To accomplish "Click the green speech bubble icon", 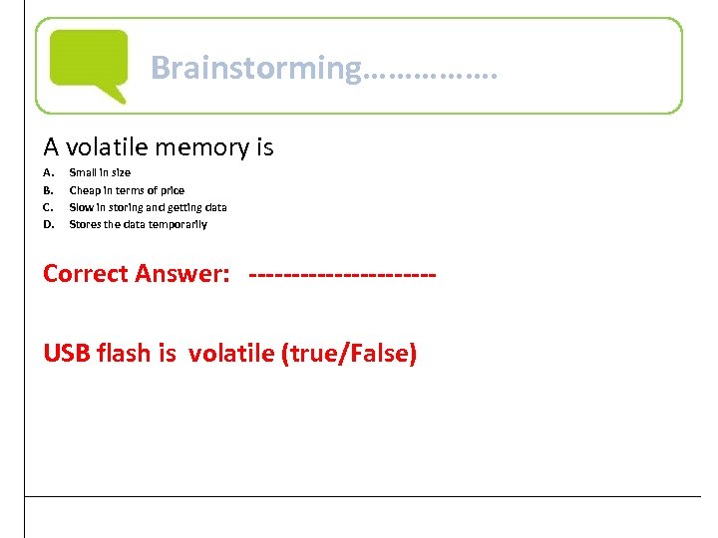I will pyautogui.click(x=89, y=63).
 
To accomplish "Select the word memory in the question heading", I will pyautogui.click(x=215, y=147).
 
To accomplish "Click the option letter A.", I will pyautogui.click(x=47, y=172).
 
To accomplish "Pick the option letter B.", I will pyautogui.click(x=47, y=190).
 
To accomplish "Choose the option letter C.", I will pyautogui.click(x=47, y=207).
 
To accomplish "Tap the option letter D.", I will pyautogui.click(x=47, y=224).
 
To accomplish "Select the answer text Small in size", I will pyautogui.click(x=100, y=172).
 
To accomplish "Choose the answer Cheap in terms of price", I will pyautogui.click(x=127, y=190).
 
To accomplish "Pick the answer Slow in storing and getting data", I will pyautogui.click(x=148, y=207).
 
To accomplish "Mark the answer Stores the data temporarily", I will pyautogui.click(x=138, y=224).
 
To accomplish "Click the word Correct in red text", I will pyautogui.click(x=88, y=273).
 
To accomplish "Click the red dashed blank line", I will pyautogui.click(x=342, y=274).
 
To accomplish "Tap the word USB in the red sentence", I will pyautogui.click(x=66, y=353).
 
